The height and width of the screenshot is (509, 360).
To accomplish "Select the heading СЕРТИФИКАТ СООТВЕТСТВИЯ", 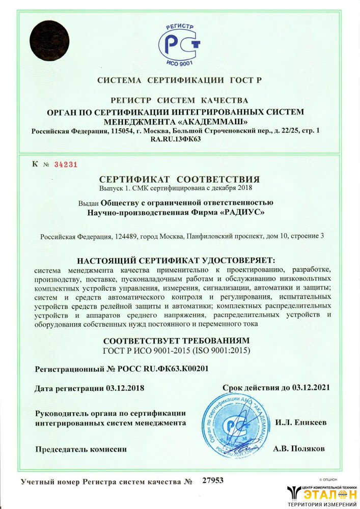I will tap(179, 179).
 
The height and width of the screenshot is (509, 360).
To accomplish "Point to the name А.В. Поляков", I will tap(299, 449).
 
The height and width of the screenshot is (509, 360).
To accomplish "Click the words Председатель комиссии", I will tap(80, 449).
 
